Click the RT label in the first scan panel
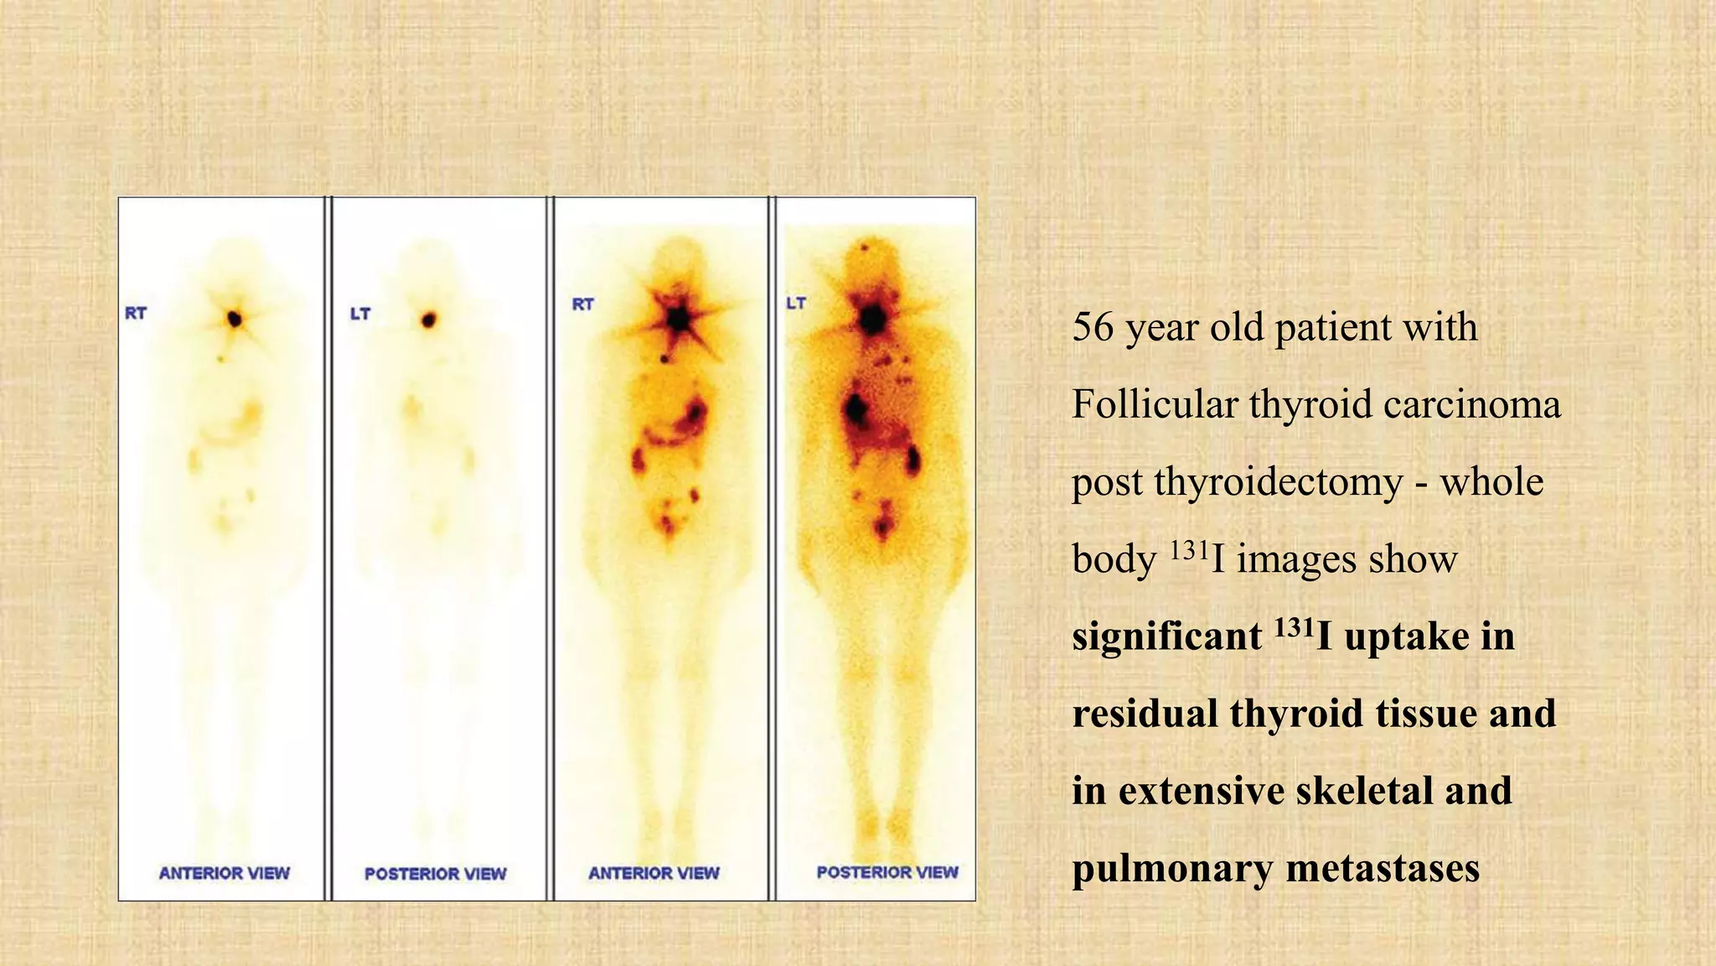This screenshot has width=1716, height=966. click(136, 314)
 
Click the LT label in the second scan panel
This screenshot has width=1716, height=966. click(360, 314)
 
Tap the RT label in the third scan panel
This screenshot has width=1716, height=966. click(583, 304)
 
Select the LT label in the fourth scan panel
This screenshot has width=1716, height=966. click(796, 303)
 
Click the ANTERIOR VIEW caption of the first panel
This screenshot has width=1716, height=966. click(225, 873)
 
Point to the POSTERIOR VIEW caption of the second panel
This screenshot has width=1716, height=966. click(436, 874)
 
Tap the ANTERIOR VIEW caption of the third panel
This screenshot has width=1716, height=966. click(654, 873)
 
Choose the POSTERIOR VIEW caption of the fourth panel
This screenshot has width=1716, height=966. click(887, 872)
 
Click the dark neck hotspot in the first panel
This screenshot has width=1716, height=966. click(235, 319)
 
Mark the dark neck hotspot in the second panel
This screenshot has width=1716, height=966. click(430, 319)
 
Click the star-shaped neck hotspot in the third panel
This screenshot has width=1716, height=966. click(679, 319)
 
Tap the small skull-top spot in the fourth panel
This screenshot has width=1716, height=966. click(865, 247)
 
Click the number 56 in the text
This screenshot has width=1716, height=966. click(1093, 327)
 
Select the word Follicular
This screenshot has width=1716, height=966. click(1155, 404)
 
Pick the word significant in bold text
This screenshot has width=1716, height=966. click(1166, 636)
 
